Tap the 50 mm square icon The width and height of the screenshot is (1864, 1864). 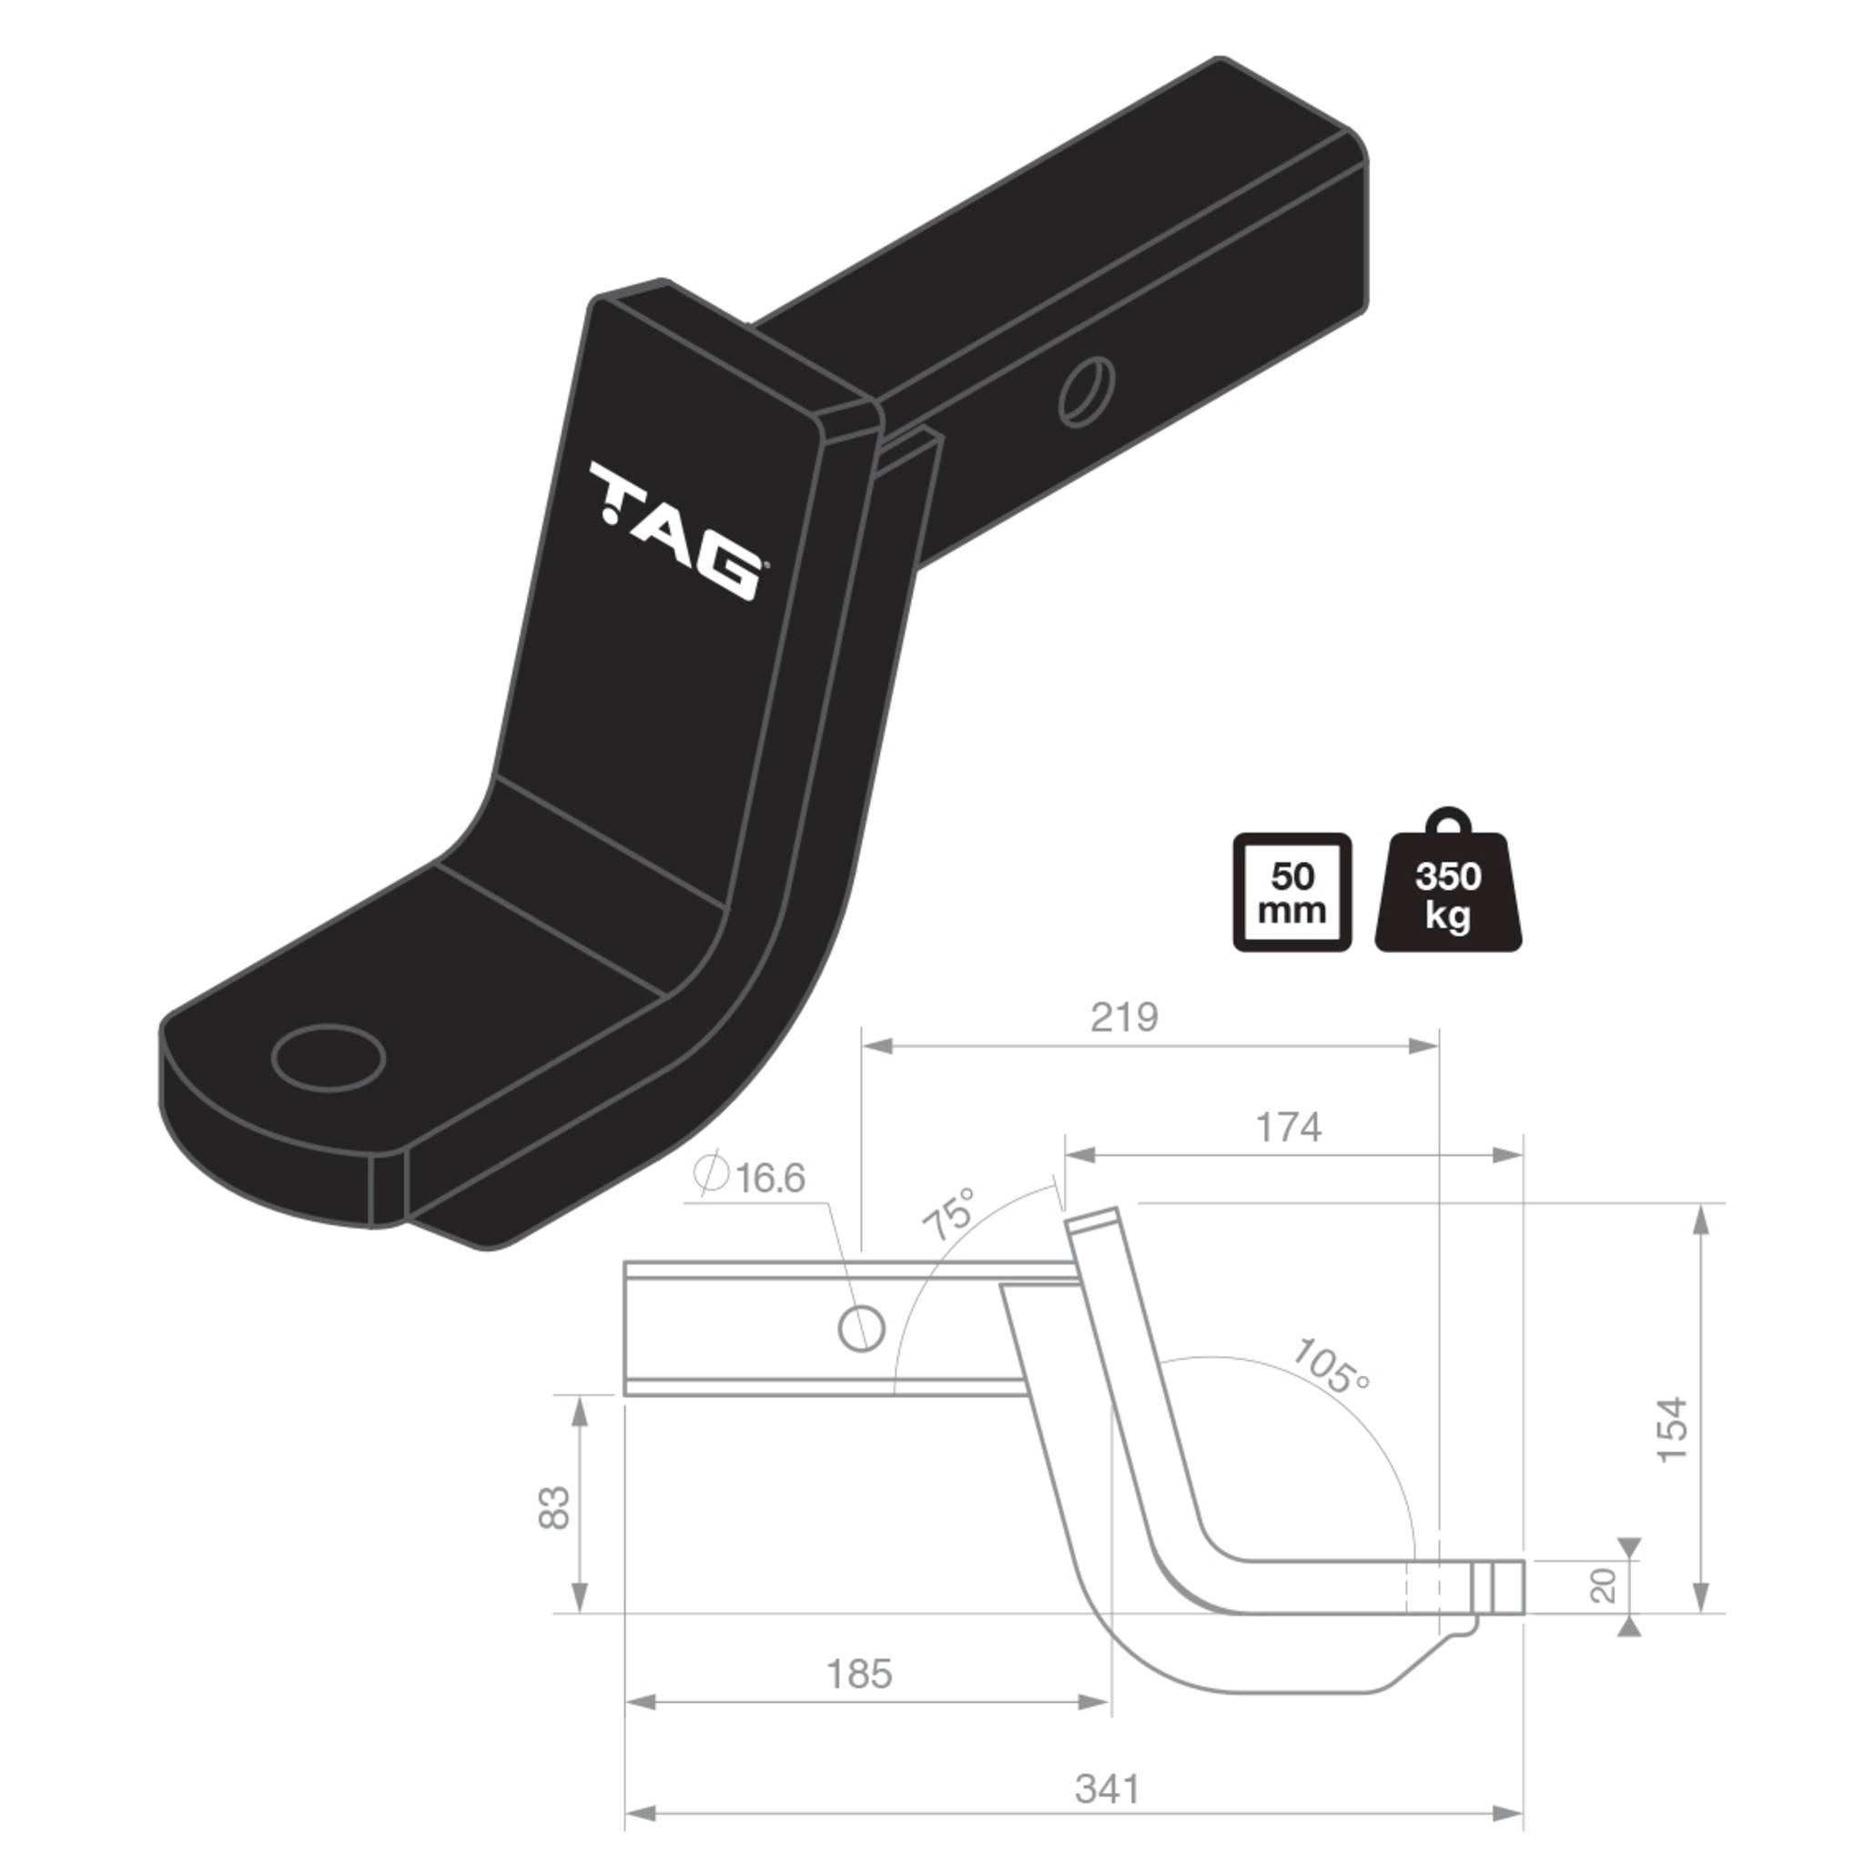1292,893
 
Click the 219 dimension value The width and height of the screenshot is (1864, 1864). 1124,1017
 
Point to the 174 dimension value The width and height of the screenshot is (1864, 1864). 1288,1127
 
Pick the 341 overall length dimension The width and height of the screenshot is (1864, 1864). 1108,1788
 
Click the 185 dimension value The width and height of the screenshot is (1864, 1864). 858,1674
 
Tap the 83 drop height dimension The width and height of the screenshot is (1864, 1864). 553,1507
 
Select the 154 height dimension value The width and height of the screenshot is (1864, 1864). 1672,1430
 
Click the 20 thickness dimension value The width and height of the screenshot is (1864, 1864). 1603,1586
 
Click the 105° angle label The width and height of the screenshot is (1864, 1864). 1331,1366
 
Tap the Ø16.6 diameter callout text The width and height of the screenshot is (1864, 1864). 750,1178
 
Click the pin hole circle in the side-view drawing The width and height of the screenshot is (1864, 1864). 862,1331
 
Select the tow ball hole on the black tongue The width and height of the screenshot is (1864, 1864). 328,1058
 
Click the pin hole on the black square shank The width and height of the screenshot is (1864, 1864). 1087,390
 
